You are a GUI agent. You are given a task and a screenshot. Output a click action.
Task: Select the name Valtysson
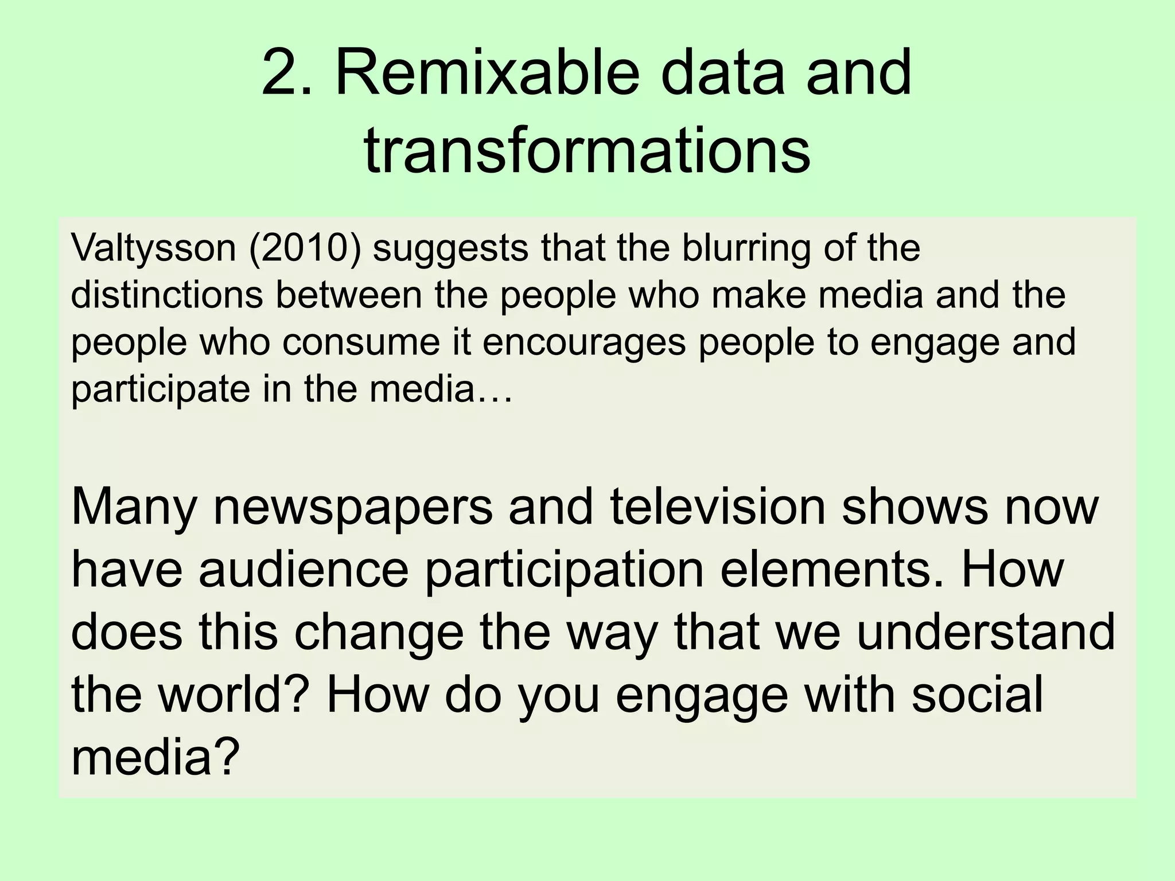point(154,248)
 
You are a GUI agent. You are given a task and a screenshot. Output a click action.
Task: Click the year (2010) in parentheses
point(305,248)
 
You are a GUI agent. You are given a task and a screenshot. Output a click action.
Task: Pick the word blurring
point(746,248)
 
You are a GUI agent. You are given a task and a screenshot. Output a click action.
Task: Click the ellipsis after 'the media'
point(495,389)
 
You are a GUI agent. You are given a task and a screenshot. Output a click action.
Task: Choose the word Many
point(134,508)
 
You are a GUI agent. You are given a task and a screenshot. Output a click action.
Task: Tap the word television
point(717,508)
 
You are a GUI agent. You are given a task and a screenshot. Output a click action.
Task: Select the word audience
point(304,571)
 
